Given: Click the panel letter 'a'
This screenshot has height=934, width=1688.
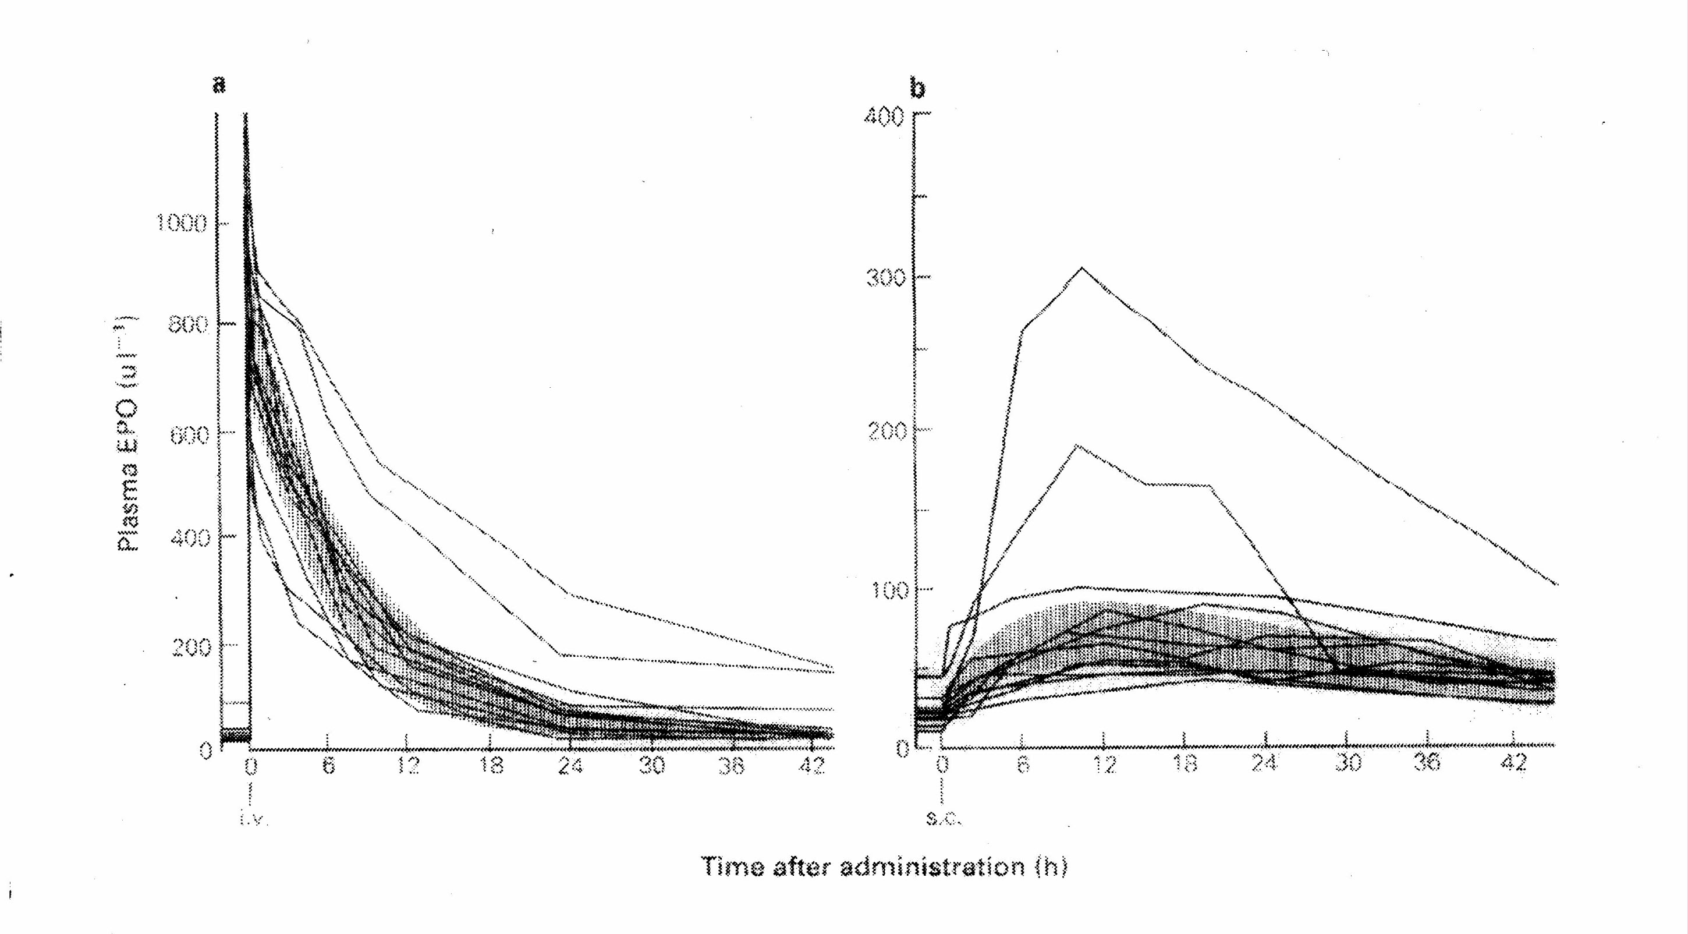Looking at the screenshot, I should pyautogui.click(x=219, y=85).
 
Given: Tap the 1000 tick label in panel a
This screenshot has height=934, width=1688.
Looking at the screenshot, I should pyautogui.click(x=180, y=224).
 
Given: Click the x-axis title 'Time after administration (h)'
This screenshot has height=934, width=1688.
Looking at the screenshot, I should pyautogui.click(x=885, y=866).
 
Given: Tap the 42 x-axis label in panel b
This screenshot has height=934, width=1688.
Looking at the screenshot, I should pyautogui.click(x=1514, y=763).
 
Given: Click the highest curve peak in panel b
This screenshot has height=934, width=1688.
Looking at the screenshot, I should pyautogui.click(x=1083, y=267).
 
